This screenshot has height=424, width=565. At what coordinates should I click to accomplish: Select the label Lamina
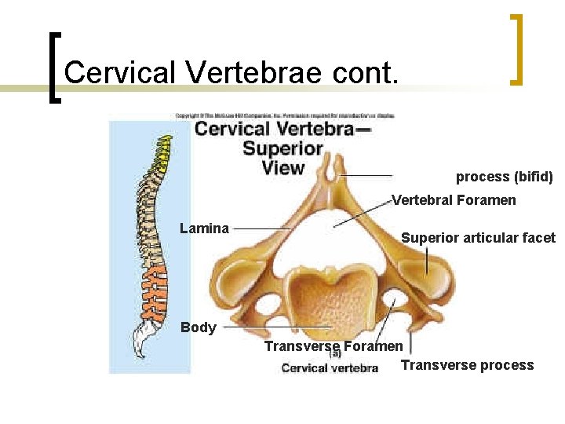point(204,228)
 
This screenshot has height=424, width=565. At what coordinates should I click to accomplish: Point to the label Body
point(198,327)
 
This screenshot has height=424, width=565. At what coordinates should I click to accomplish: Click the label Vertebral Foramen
point(454,200)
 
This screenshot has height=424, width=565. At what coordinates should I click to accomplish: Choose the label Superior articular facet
point(478,238)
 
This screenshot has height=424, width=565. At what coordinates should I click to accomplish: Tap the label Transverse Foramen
point(334,346)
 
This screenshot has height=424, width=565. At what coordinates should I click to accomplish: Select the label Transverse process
point(467,365)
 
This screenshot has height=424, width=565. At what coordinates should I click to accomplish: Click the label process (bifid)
point(505,177)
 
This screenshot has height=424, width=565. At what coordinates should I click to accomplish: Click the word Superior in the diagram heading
point(282,148)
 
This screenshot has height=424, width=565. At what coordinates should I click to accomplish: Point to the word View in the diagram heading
point(282,167)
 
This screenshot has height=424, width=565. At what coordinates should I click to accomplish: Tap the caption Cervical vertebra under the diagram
point(330,367)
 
